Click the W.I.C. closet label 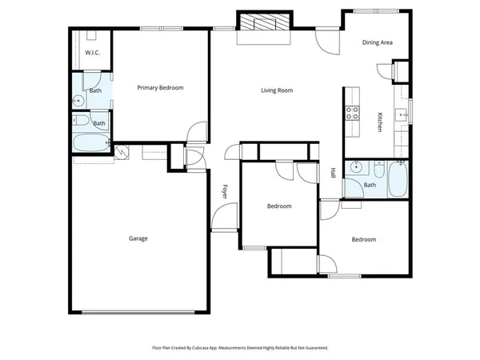tap(92, 53)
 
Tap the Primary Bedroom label tap(161, 87)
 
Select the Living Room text tap(277, 90)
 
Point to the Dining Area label tap(377, 42)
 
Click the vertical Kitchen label tap(378, 122)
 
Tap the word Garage tap(138, 238)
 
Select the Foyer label tap(226, 191)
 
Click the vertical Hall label tap(334, 172)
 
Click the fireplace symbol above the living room tap(263, 24)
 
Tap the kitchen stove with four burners tap(352, 113)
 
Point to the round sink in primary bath tap(78, 101)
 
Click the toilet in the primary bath tap(81, 122)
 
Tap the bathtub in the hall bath tap(398, 180)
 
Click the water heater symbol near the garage tap(122, 153)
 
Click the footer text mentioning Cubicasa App tap(240, 348)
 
